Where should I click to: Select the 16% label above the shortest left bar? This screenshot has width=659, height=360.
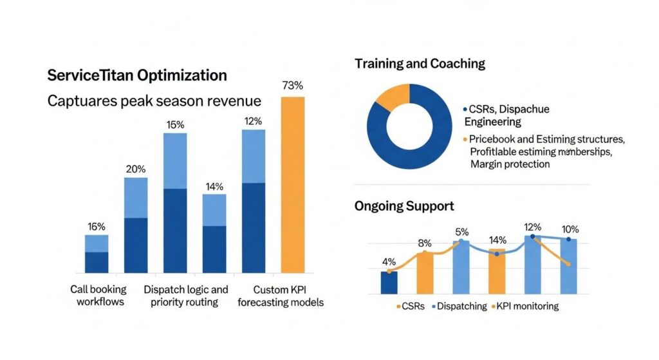tap(97, 227)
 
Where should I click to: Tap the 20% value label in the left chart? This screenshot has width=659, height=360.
tap(136, 169)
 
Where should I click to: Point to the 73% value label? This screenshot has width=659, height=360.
tap(293, 86)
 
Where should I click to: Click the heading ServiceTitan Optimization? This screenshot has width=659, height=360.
tap(137, 75)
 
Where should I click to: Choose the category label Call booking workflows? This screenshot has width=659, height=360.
tap(98, 296)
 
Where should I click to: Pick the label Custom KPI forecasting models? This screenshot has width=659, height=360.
tap(281, 296)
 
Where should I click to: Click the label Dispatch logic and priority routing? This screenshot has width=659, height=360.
tap(185, 296)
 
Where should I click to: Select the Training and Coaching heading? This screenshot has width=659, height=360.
tap(420, 64)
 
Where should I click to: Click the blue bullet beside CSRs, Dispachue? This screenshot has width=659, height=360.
tap(465, 110)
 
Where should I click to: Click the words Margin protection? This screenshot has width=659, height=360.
tap(510, 164)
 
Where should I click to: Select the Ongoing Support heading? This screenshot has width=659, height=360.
tap(404, 206)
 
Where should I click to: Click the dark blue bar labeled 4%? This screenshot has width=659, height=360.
tap(389, 282)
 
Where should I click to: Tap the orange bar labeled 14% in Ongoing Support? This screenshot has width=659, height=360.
tap(497, 270)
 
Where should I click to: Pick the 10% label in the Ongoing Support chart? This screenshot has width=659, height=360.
tap(570, 229)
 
